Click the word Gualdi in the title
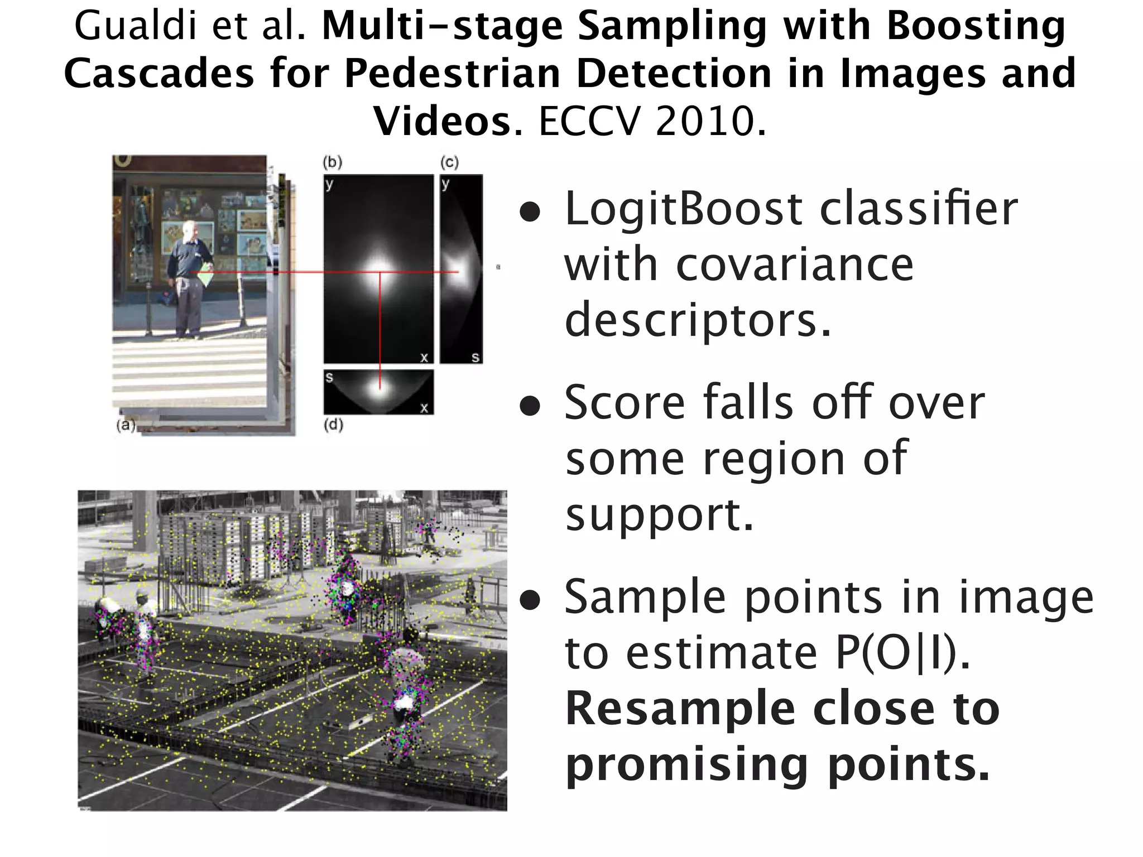click(x=138, y=26)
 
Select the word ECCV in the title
click(x=590, y=121)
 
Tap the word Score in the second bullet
click(x=624, y=403)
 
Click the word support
click(x=659, y=514)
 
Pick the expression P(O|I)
click(x=902, y=653)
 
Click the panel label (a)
click(x=126, y=426)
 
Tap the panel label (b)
click(x=333, y=162)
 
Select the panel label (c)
click(x=449, y=162)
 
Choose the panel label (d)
click(x=333, y=425)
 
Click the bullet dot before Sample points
click(x=530, y=600)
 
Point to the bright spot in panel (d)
click(x=380, y=388)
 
